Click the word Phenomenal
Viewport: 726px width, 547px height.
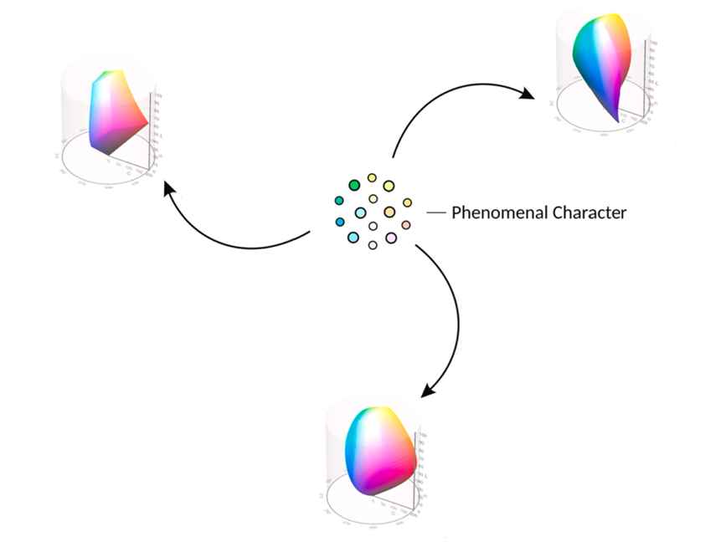tap(499, 212)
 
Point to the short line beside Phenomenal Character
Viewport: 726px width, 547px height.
tap(436, 213)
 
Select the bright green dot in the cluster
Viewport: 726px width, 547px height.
tap(354, 186)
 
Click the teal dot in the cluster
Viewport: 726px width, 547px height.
tap(338, 201)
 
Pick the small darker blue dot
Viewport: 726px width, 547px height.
tap(340, 222)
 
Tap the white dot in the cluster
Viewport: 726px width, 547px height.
tap(373, 226)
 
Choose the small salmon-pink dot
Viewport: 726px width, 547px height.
tap(406, 225)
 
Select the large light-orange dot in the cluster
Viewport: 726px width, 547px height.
tap(389, 212)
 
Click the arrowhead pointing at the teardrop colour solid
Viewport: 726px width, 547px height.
tap(528, 95)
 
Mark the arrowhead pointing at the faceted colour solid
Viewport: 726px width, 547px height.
tap(168, 189)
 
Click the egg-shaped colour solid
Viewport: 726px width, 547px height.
tap(378, 452)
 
